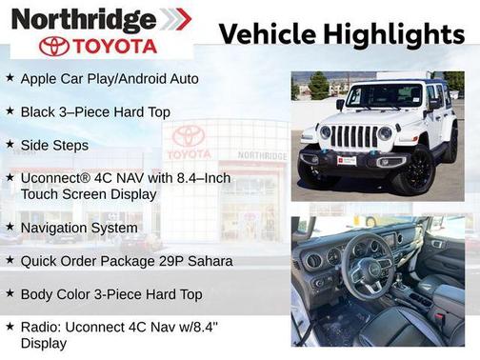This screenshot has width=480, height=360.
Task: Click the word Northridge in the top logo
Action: click(84, 19)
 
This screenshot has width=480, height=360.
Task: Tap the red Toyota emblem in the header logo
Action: click(54, 46)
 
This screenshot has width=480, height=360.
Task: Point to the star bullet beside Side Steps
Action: click(10, 145)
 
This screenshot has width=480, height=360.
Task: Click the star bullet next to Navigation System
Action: click(10, 228)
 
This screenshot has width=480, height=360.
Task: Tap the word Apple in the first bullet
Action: click(38, 78)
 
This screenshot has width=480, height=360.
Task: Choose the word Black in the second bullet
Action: click(38, 112)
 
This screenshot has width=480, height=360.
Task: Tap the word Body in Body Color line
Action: click(36, 294)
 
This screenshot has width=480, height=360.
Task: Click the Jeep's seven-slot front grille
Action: click(354, 137)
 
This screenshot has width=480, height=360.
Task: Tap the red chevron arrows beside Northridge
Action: click(174, 19)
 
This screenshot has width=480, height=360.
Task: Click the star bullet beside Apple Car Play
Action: click(10, 78)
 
